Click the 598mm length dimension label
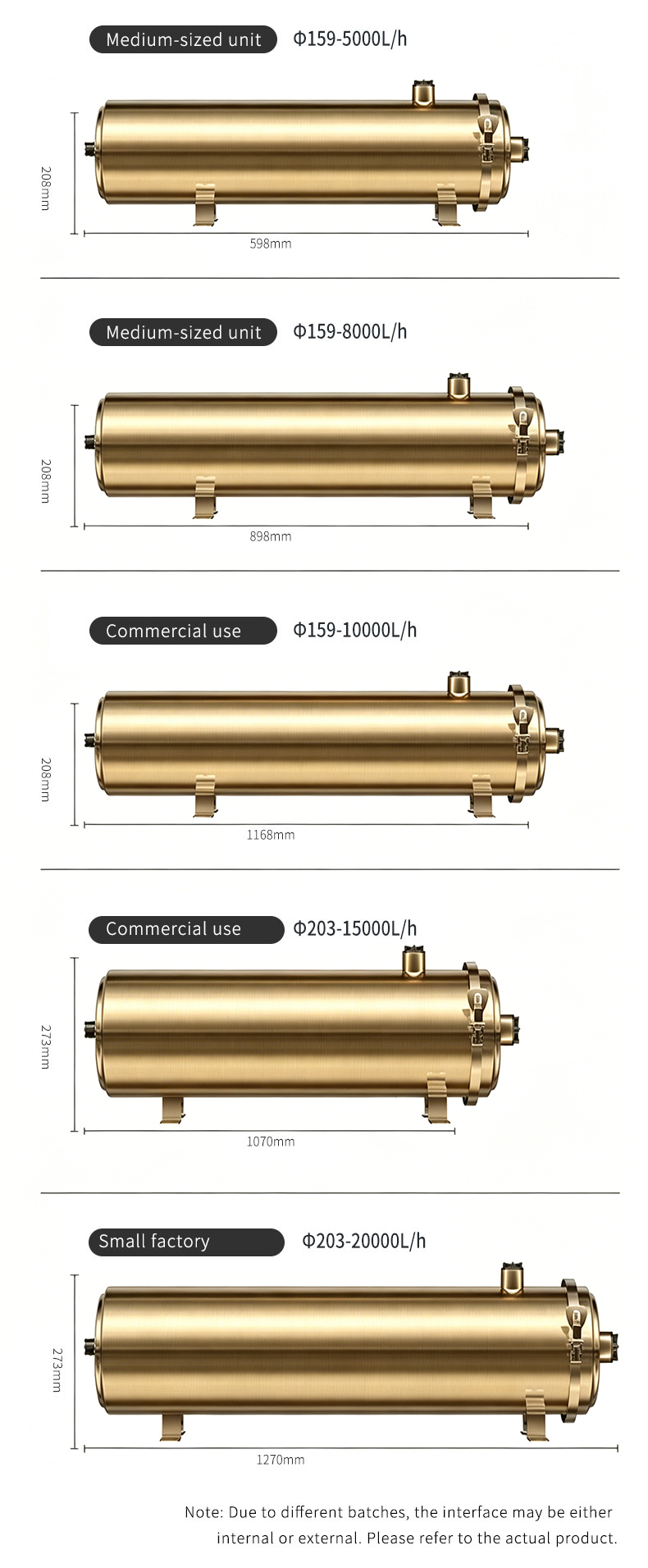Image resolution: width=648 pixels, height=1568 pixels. [271, 244]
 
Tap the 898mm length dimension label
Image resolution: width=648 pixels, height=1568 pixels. [271, 536]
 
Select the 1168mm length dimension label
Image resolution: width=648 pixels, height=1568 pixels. [271, 835]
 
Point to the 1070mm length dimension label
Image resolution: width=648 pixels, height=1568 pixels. [271, 1142]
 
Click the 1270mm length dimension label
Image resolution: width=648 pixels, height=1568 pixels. [281, 1460]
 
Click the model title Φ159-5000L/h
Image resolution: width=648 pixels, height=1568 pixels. [350, 39]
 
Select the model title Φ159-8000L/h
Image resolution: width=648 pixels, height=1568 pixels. [350, 331]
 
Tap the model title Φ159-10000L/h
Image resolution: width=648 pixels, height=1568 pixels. [355, 630]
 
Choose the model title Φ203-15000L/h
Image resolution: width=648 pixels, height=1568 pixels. [355, 928]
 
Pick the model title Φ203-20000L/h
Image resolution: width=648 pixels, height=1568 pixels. [364, 1241]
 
